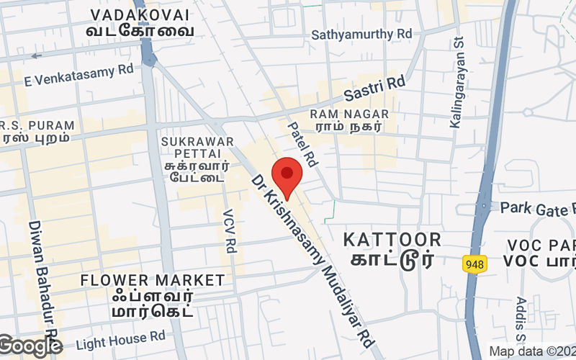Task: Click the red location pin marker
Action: [287, 175]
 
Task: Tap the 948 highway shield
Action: [474, 264]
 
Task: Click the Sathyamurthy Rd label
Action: [361, 34]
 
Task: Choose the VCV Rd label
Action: [230, 231]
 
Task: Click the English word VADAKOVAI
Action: [141, 15]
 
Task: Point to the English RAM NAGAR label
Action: [349, 114]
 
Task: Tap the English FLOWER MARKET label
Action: [153, 279]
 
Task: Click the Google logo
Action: [30, 346]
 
